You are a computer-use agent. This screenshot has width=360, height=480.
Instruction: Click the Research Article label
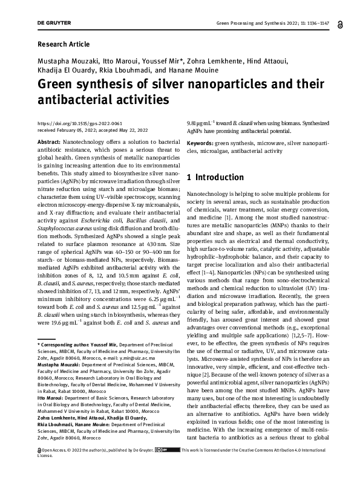[x=64, y=44]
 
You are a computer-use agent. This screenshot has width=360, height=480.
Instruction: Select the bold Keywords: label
[x=200, y=143]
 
